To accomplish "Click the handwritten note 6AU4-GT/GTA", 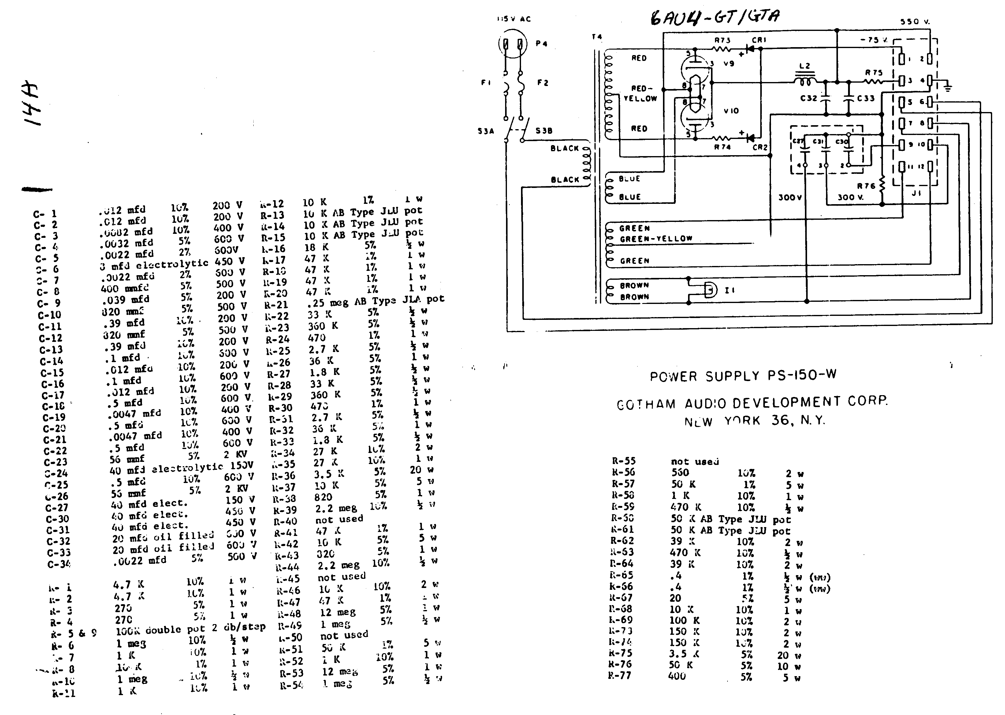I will [x=715, y=18].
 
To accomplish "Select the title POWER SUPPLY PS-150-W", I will [x=743, y=376].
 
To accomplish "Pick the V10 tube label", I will [x=731, y=111].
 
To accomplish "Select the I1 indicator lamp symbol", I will [x=709, y=290].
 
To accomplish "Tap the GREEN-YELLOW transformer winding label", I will [x=656, y=239].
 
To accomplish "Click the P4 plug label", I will [x=541, y=43].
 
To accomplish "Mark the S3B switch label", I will [x=544, y=131].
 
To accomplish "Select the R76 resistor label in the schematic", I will [x=866, y=186].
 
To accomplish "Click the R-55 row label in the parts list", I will [x=623, y=461].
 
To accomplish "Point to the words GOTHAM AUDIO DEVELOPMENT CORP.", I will [x=752, y=403].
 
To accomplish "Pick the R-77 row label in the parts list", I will [x=620, y=676].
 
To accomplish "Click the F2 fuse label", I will [x=543, y=83].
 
